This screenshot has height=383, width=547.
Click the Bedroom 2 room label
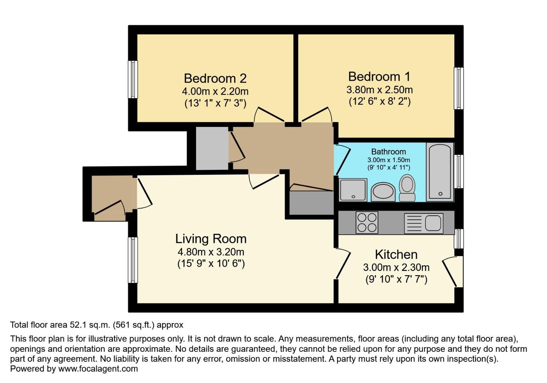point(215,78)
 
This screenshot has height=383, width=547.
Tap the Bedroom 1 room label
point(379,76)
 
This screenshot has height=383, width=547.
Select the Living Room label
point(211,239)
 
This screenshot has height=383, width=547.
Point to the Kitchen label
point(396,254)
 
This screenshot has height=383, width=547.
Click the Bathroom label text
point(388,152)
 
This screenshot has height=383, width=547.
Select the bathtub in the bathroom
point(440,172)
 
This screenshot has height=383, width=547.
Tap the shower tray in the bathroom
point(353,189)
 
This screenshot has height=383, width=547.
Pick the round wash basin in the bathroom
point(383,192)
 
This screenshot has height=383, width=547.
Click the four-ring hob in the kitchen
point(367,222)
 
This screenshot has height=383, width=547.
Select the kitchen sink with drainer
point(424,223)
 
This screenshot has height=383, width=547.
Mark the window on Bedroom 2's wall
point(133,79)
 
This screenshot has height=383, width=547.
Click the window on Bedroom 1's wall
point(459,88)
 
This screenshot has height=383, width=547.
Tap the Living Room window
point(133,260)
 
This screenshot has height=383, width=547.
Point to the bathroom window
point(459,171)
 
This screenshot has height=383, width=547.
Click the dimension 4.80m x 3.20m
point(211,252)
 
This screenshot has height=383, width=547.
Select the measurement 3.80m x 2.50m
point(379,90)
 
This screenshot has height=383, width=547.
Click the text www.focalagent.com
point(98,369)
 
